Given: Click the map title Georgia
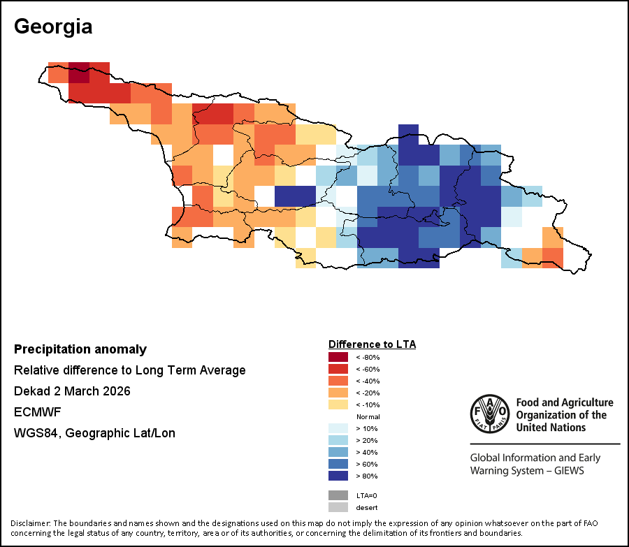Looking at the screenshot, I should (53, 27).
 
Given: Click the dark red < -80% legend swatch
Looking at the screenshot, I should (338, 357).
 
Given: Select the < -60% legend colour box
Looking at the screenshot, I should (338, 369).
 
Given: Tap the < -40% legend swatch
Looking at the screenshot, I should (338, 381).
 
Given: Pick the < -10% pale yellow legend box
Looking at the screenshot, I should (338, 404).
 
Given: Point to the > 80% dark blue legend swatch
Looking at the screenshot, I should (338, 476).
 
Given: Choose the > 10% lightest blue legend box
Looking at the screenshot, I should (338, 428).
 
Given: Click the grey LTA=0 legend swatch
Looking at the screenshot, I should (338, 495).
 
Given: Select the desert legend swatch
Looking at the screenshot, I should (338, 507).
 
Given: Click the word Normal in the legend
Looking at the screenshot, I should (368, 416).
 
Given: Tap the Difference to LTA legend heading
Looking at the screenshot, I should (372, 344).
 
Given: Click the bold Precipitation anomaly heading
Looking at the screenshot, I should (80, 349).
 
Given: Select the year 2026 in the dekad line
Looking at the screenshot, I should (115, 391).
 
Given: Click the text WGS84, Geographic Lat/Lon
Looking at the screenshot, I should (94, 433).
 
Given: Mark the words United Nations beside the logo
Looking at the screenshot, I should (550, 427).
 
